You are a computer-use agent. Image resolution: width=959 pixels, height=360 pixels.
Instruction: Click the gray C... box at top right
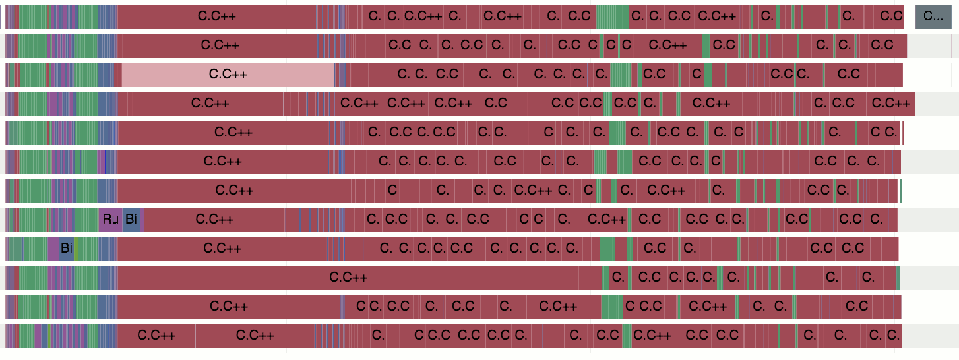(933, 16)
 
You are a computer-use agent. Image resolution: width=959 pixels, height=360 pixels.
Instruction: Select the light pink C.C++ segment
(228, 75)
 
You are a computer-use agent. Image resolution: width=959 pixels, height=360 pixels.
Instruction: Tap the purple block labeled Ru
(110, 220)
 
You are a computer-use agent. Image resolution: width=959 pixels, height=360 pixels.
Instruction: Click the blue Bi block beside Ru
(131, 220)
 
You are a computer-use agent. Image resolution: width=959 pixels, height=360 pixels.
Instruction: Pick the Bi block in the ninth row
(66, 249)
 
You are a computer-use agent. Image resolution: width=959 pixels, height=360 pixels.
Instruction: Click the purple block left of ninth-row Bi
(53, 249)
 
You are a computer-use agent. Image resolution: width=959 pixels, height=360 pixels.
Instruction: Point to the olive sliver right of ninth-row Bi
(76, 249)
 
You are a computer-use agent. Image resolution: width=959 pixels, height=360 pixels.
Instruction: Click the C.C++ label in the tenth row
(348, 278)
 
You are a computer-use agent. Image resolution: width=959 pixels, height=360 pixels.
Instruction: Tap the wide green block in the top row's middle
(612, 16)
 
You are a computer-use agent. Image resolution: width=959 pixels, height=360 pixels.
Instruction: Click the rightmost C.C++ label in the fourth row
(890, 104)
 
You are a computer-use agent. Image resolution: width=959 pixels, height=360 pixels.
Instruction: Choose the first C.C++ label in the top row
(217, 16)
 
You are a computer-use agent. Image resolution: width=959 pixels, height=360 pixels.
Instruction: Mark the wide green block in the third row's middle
(620, 75)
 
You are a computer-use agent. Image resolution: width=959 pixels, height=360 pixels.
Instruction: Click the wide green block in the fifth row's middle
(617, 133)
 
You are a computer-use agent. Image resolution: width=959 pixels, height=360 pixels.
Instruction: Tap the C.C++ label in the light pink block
(228, 75)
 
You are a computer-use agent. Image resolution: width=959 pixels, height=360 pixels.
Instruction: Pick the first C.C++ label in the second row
(220, 45)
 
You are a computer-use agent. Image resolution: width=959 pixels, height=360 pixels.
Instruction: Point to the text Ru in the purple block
(110, 220)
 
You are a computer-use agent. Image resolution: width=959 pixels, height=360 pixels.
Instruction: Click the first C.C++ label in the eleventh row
(228, 307)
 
